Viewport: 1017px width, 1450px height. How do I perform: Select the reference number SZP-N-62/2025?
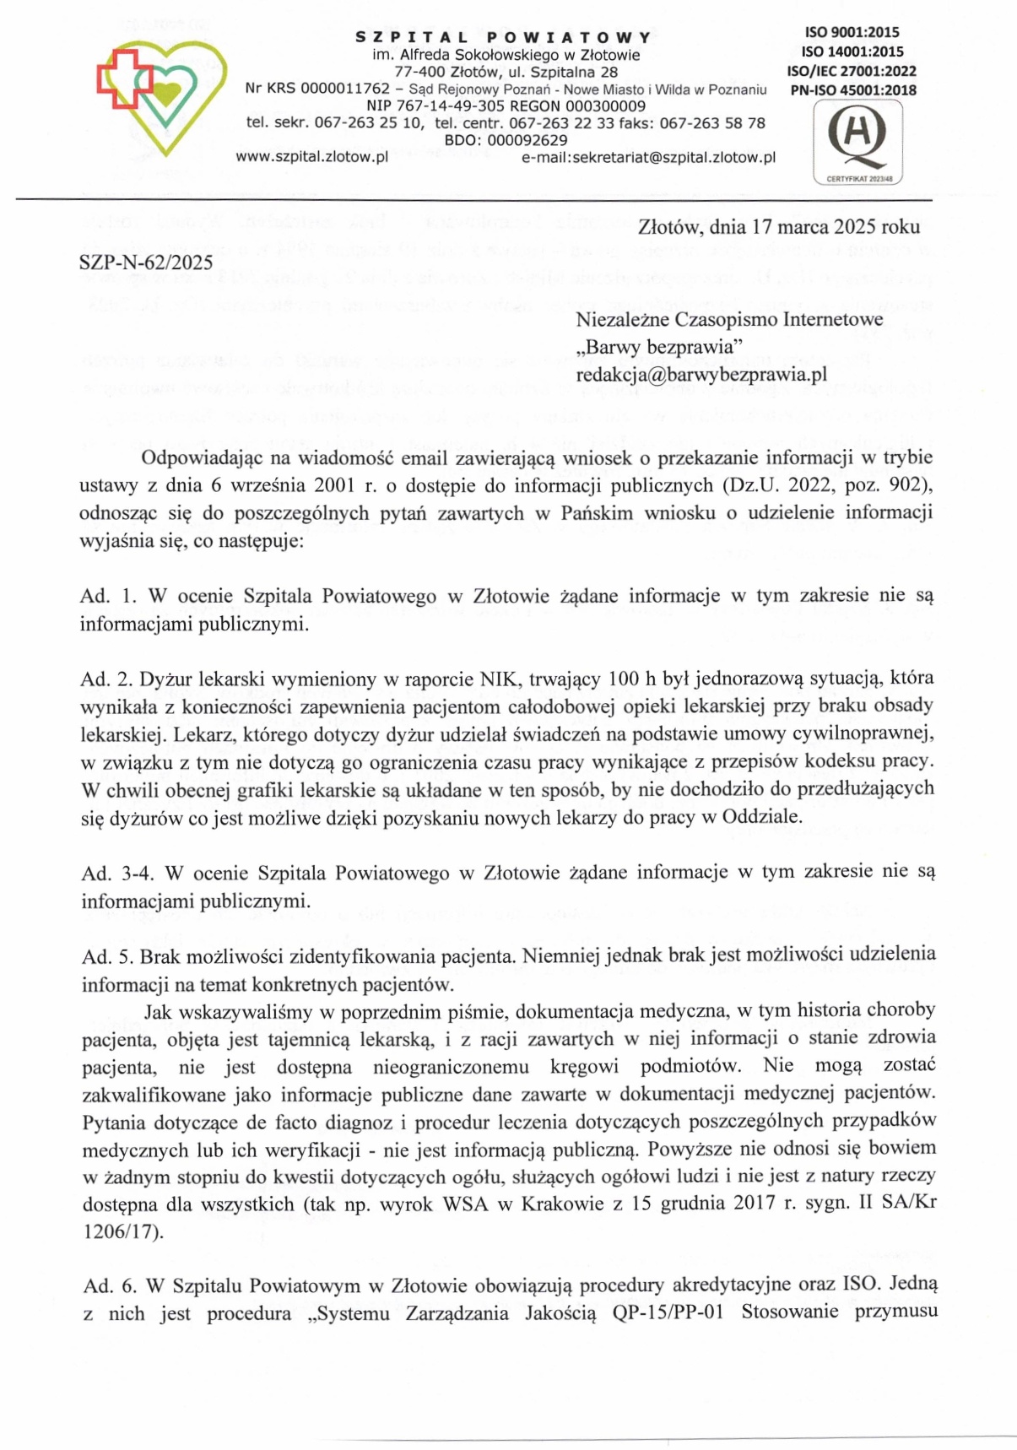[x=146, y=262]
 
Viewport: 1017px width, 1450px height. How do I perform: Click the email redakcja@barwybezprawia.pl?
[x=701, y=374]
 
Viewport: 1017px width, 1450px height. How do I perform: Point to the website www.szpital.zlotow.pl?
[x=311, y=157]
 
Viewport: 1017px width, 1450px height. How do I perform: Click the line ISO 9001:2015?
[x=852, y=33]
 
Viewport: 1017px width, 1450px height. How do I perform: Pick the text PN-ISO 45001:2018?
[x=852, y=90]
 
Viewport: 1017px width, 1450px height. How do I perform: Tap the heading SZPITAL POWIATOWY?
[x=504, y=37]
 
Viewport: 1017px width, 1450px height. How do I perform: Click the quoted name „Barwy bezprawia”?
[x=659, y=346]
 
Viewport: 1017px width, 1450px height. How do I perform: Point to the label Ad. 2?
[x=106, y=678]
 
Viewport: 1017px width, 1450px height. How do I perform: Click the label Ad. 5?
[x=107, y=956]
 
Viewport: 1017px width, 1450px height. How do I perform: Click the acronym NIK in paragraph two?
[x=498, y=678]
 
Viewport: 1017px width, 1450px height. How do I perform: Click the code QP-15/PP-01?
[x=668, y=1313]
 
